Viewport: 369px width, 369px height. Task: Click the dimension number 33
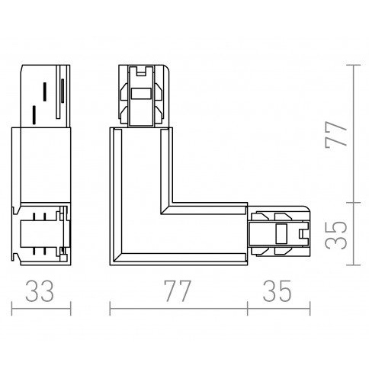(x=40, y=290)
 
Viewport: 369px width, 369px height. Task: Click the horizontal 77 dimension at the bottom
(x=177, y=290)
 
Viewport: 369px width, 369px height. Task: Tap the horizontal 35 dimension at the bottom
(x=277, y=290)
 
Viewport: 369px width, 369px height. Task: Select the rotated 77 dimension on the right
(x=335, y=133)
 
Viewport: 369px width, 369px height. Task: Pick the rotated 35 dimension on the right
(x=335, y=235)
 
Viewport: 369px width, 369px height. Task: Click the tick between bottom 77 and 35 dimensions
(x=247, y=309)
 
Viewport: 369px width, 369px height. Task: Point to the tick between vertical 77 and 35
(x=354, y=203)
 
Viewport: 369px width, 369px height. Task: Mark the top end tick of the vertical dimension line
(x=354, y=65)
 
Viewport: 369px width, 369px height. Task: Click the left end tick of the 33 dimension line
(x=12, y=309)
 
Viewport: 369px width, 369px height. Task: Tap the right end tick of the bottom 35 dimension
(x=310, y=309)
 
